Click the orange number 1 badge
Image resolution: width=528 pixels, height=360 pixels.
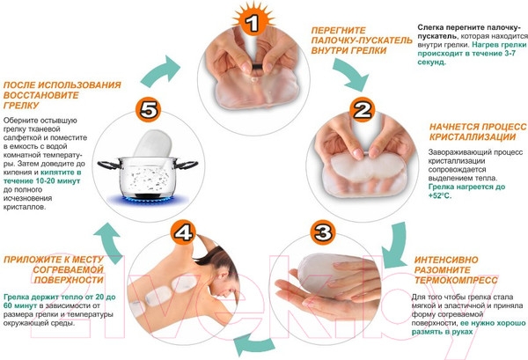(253, 21)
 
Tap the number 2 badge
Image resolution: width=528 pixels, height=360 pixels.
(363, 110)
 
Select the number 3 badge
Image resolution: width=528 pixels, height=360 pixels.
(323, 232)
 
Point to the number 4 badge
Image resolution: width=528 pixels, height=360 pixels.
(183, 232)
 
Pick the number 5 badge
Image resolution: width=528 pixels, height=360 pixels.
(148, 110)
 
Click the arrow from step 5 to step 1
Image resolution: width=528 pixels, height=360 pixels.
(161, 71)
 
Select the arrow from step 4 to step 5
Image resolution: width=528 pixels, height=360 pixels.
(110, 241)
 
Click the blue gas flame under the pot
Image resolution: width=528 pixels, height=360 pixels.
(148, 200)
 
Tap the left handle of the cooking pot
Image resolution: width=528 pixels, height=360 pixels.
(108, 165)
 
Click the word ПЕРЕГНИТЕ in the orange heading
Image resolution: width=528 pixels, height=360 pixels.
(339, 31)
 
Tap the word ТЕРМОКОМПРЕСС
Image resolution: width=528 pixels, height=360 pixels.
(456, 280)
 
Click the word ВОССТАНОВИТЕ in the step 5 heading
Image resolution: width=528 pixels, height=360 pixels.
(41, 95)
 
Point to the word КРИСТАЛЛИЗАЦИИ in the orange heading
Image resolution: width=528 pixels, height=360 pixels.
(473, 137)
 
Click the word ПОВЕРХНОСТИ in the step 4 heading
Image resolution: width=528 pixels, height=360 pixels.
(69, 280)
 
